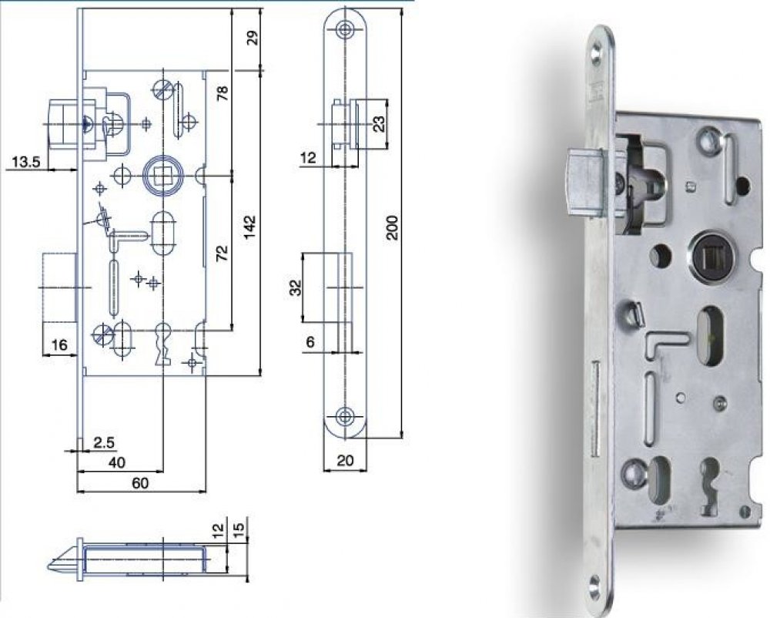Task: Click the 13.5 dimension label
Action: (x=26, y=162)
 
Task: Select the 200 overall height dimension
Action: (x=393, y=227)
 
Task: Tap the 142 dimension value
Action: (x=249, y=227)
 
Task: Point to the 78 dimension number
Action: (x=223, y=92)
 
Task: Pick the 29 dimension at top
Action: (x=252, y=38)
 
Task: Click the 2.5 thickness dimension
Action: (x=104, y=442)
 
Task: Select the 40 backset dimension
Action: (x=116, y=462)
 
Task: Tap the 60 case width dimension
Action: (x=140, y=483)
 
